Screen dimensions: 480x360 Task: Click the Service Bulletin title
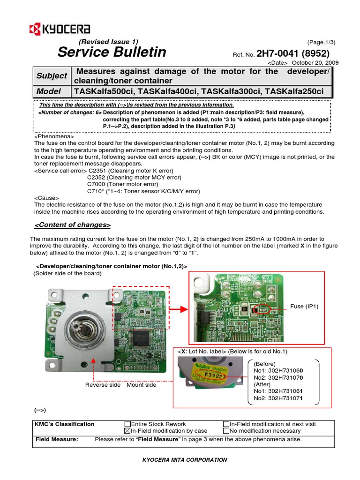tap(112, 52)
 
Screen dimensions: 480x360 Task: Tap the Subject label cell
tap(52, 75)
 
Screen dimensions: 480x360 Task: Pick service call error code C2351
tap(97, 171)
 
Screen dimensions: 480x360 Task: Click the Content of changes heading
tap(73, 225)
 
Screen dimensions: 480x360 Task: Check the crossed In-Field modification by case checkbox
tap(127, 431)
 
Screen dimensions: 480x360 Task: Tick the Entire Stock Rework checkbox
tap(127, 424)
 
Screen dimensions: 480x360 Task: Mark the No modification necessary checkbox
tap(226, 431)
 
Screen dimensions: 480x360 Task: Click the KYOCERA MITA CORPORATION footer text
tap(185, 460)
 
